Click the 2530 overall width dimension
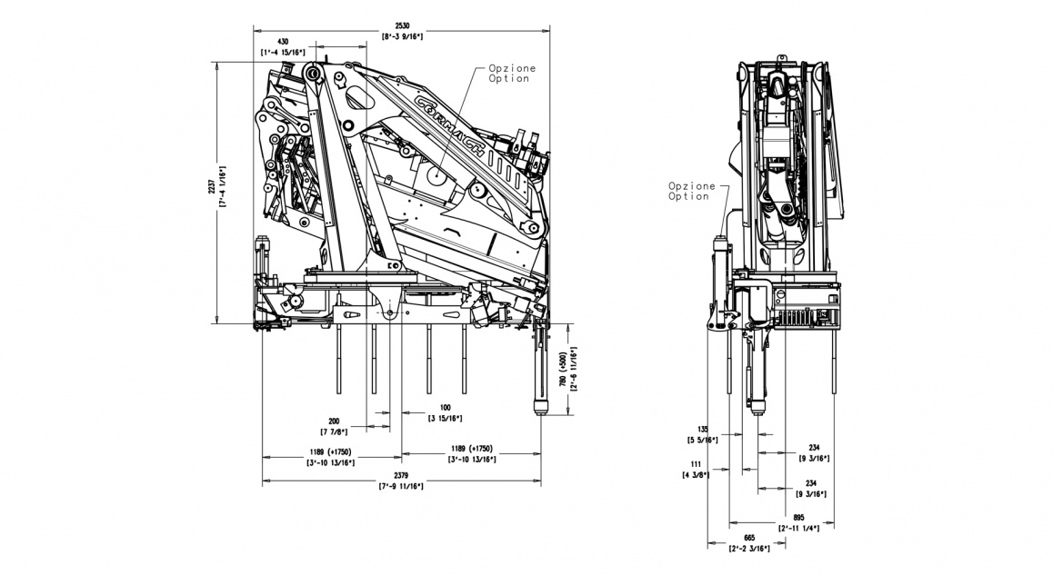point(401,25)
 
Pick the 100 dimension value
point(445,407)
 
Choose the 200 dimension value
point(336,421)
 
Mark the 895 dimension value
point(799,517)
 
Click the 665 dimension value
point(749,538)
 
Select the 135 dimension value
point(702,429)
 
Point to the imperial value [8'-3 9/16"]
point(401,35)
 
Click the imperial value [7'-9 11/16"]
point(401,486)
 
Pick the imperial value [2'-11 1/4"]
point(799,527)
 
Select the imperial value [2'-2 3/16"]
point(749,548)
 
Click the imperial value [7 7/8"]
point(336,431)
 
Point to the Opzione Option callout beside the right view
point(688,191)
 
